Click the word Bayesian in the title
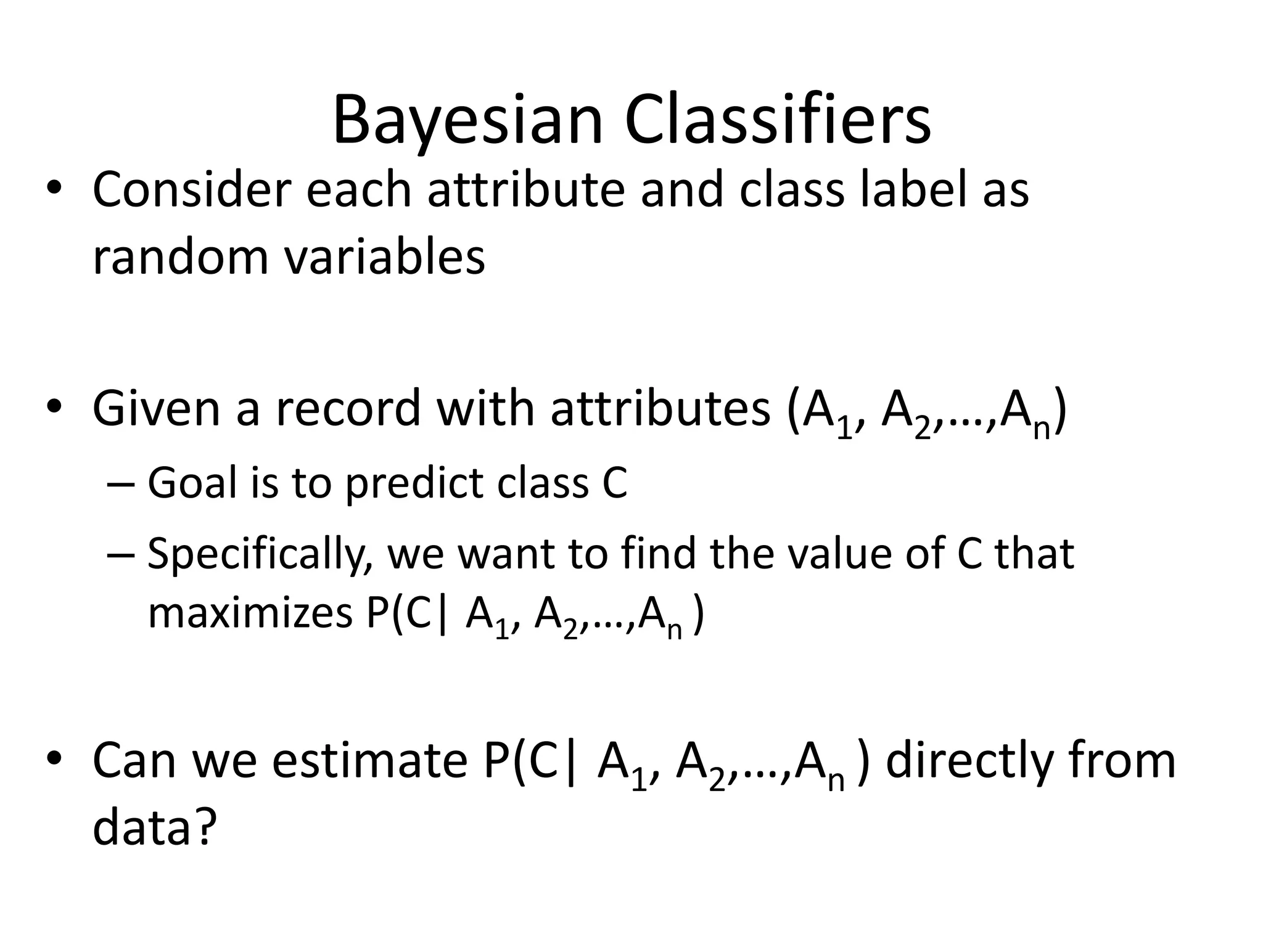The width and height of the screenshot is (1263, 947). pyautogui.click(x=467, y=121)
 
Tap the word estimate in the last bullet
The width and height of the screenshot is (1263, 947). pyautogui.click(x=370, y=761)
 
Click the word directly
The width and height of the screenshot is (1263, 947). pyautogui.click(x=968, y=762)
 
